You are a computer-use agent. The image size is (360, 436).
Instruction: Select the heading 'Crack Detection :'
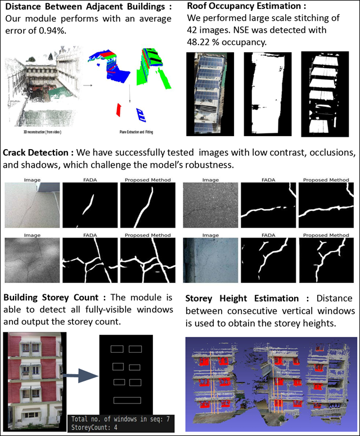click(x=37, y=152)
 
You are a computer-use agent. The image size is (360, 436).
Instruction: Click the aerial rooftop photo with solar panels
click(x=208, y=94)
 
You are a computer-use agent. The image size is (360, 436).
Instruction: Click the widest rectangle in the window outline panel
click(x=127, y=400)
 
